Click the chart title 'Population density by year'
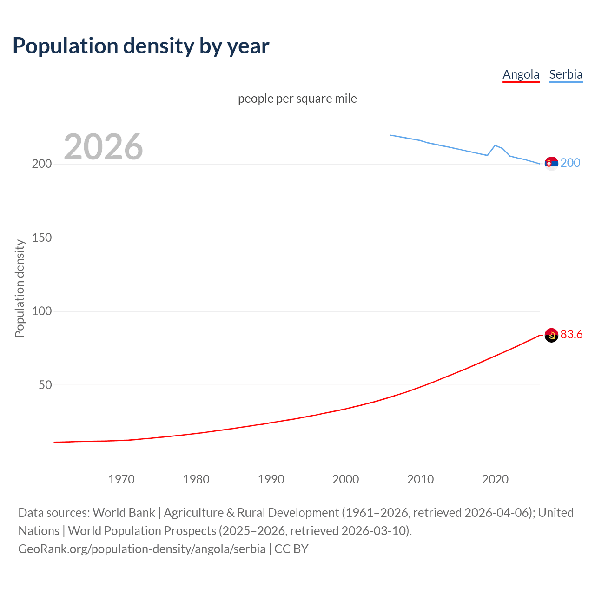click(141, 46)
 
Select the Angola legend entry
click(521, 74)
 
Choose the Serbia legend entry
click(566, 74)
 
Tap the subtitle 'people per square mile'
click(297, 99)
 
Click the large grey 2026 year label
click(103, 147)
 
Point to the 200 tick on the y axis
click(42, 164)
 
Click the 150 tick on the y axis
click(42, 238)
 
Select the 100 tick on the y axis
click(42, 311)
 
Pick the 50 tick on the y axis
click(45, 385)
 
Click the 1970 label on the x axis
click(121, 479)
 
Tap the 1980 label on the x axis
click(196, 479)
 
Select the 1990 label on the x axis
click(271, 479)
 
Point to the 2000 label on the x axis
click(345, 479)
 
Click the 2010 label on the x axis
click(420, 479)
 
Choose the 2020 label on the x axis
click(495, 479)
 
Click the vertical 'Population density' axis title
click(20, 288)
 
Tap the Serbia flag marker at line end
click(551, 164)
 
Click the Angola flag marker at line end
click(551, 335)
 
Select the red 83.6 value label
click(571, 335)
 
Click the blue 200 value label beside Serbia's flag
click(570, 163)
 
